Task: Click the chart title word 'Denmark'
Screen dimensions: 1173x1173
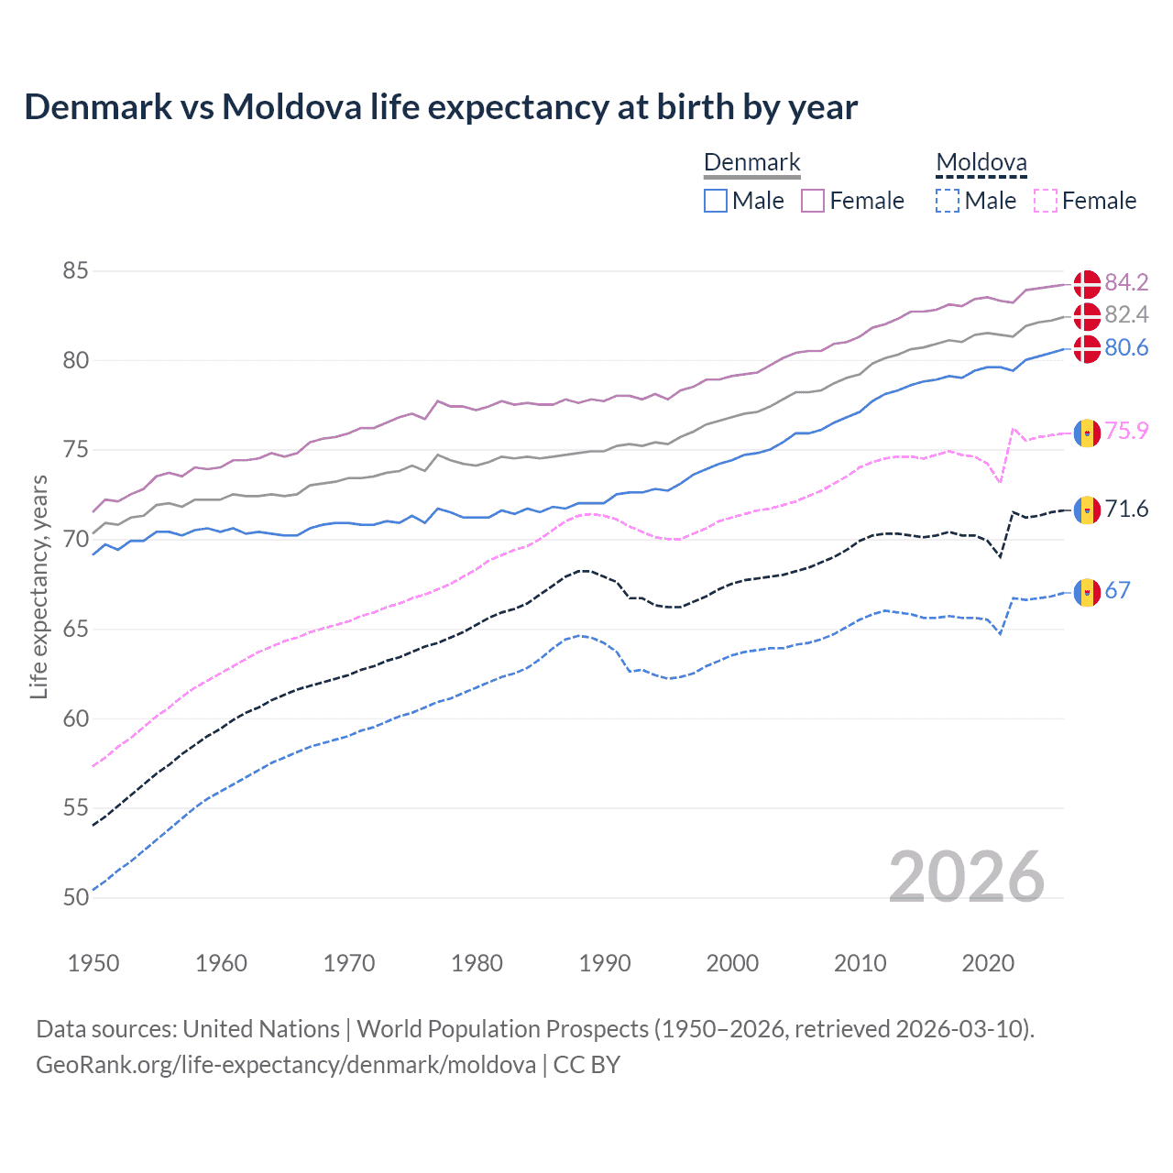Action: click(x=98, y=107)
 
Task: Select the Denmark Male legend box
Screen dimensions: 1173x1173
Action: click(x=716, y=201)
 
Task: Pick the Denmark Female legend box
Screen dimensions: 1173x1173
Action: click(x=813, y=201)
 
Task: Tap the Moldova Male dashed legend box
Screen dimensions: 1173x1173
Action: click(x=948, y=201)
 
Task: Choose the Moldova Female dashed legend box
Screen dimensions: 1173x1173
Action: click(x=1046, y=201)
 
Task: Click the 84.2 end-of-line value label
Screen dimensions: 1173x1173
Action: click(x=1126, y=282)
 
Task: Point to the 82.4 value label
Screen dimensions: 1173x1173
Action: click(x=1126, y=315)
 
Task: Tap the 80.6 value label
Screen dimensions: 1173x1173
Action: click(x=1126, y=348)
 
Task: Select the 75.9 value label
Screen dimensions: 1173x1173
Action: click(x=1126, y=432)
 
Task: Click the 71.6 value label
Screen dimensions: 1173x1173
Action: click(x=1126, y=510)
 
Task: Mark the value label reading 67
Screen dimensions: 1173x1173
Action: click(x=1117, y=591)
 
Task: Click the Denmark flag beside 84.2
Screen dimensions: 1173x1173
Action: click(x=1087, y=283)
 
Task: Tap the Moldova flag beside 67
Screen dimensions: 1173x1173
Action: click(x=1087, y=592)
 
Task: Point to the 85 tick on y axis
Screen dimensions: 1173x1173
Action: click(x=76, y=271)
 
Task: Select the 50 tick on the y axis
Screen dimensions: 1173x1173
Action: click(x=76, y=897)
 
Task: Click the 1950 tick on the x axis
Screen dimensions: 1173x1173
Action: click(x=93, y=963)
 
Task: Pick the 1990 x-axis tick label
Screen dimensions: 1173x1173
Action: click(x=605, y=963)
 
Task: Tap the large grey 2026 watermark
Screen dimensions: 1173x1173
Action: click(x=966, y=877)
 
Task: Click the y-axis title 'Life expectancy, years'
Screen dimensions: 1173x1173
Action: click(x=39, y=586)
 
